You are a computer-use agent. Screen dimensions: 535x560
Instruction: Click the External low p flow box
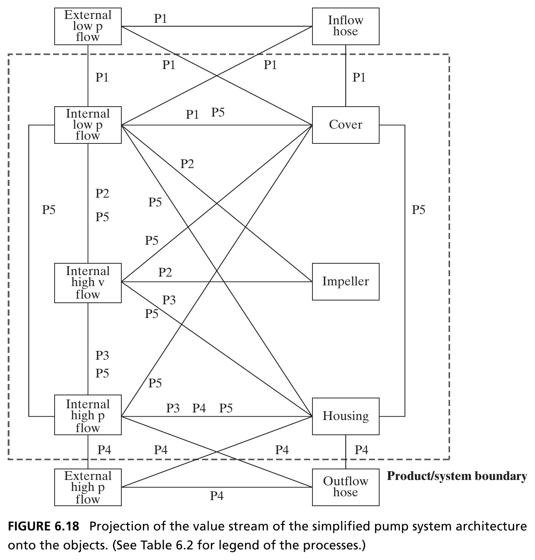(88, 26)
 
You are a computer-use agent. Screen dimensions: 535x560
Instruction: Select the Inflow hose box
(345, 26)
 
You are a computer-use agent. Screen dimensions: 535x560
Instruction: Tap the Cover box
(345, 125)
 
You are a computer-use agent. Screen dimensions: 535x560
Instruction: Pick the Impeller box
(345, 282)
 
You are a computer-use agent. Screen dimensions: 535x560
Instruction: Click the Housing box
(345, 416)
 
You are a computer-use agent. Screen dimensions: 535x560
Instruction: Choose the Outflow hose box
(345, 487)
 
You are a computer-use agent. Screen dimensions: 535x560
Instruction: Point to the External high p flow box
(88, 487)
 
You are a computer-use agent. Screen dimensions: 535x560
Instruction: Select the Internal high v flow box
(88, 283)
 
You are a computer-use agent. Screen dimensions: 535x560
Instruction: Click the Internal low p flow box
(88, 125)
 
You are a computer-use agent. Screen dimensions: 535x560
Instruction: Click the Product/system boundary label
(457, 476)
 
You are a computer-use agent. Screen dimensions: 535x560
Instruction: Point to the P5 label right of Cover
(418, 210)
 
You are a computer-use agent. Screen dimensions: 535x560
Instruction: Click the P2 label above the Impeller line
(165, 272)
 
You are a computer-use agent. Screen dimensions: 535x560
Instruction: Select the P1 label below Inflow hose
(359, 77)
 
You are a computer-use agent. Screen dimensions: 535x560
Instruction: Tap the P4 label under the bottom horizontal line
(217, 496)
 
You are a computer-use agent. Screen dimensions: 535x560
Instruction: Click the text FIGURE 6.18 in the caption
(44, 526)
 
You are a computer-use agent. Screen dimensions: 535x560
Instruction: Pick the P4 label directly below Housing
(361, 450)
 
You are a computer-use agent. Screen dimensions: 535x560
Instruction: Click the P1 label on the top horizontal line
(160, 19)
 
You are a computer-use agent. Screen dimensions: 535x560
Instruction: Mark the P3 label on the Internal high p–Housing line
(173, 408)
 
